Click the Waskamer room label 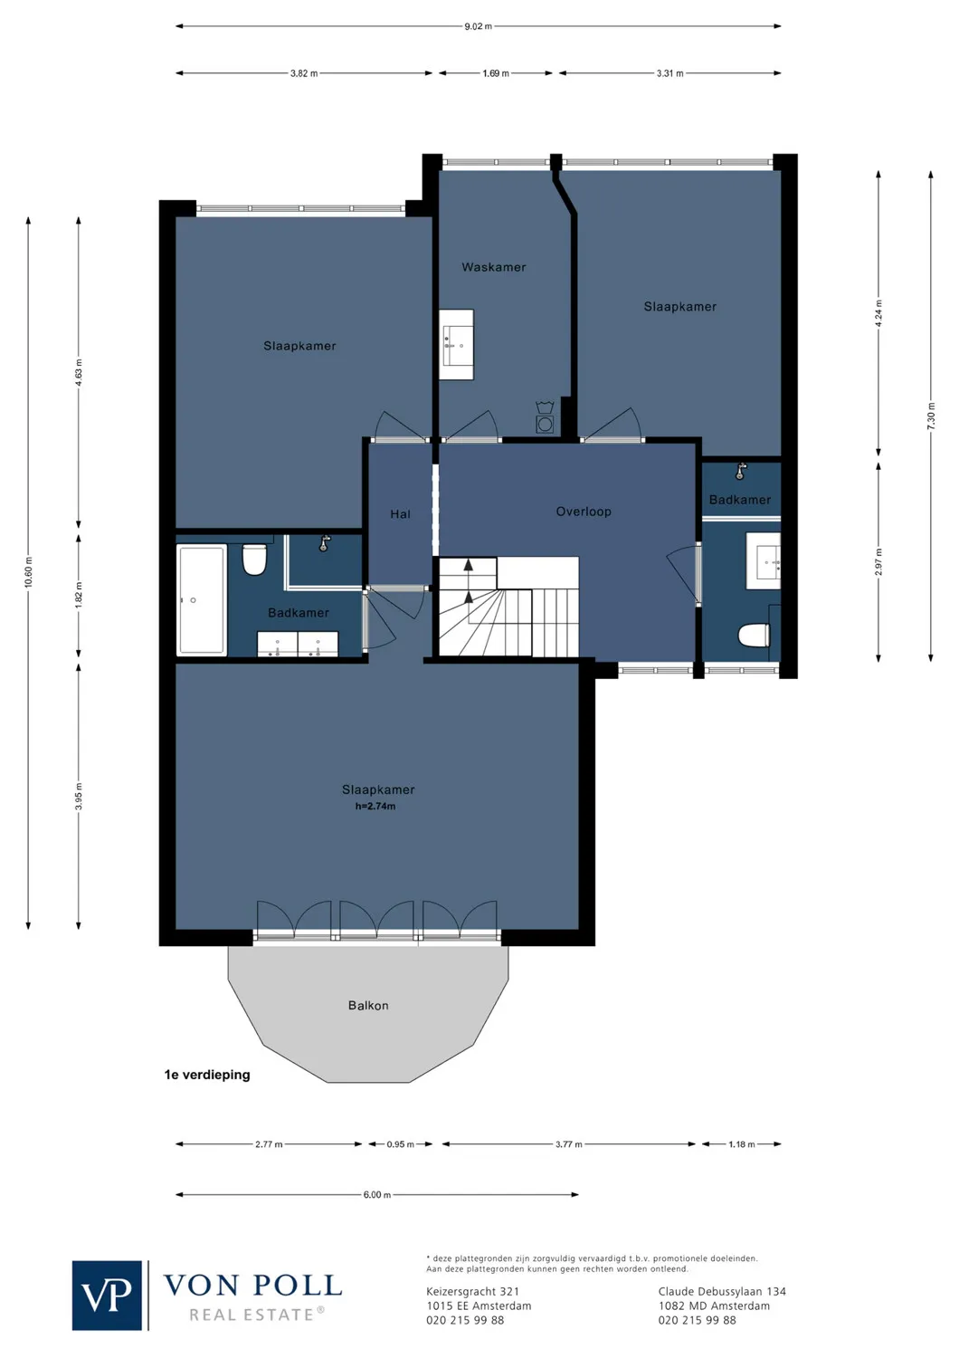[493, 267]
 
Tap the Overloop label [584, 512]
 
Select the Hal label [400, 514]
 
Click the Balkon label [368, 1006]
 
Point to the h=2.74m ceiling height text [375, 806]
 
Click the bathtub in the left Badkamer [202, 599]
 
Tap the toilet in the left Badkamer [254, 559]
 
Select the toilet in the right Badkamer [754, 636]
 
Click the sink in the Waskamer [457, 345]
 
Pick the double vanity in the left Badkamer [298, 644]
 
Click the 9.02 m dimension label [479, 26]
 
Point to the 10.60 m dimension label [28, 572]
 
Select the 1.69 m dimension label [496, 73]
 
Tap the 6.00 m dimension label [377, 1195]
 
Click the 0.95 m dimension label [400, 1144]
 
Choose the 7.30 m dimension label [931, 416]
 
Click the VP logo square [107, 1296]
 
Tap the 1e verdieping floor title [207, 1075]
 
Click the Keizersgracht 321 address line [472, 1292]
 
